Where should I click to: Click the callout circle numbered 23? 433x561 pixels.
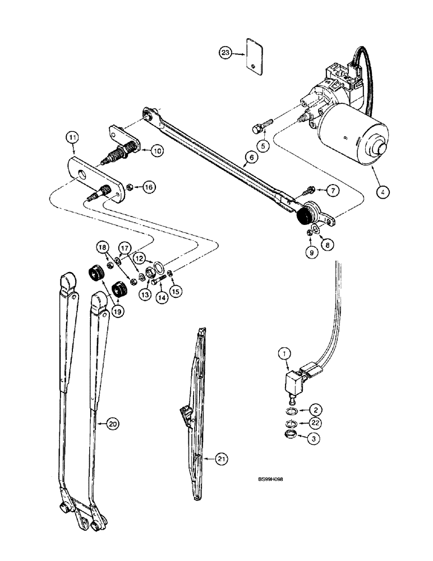(x=225, y=53)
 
